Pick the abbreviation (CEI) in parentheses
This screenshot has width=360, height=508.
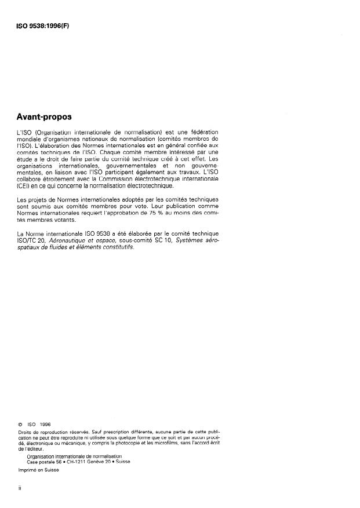[x=26, y=186]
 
